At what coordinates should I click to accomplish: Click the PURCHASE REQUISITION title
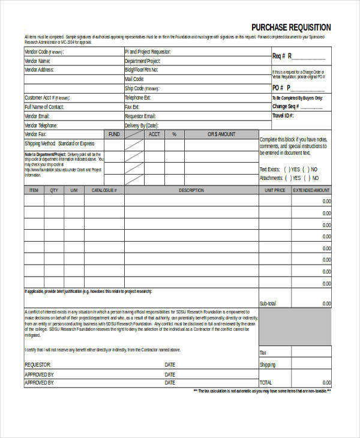pos(291,28)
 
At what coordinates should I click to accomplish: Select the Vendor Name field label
pos(37,61)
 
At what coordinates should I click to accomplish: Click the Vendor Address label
pos(40,70)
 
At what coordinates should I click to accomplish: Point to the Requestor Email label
pos(140,116)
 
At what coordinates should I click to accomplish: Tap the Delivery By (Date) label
pos(141,125)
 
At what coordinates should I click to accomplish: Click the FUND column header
pos(114,134)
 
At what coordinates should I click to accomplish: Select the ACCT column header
pos(154,134)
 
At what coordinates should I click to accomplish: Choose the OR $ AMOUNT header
pos(221,134)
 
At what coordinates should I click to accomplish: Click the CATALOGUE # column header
pos(104,190)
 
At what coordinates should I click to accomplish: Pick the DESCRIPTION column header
pos(191,190)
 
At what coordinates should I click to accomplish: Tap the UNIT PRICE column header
pos(275,190)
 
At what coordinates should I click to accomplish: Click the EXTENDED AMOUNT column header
pos(311,190)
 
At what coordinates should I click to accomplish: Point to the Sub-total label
pos(268,303)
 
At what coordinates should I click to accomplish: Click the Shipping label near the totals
pos(268,365)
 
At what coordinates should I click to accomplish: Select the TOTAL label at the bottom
pos(266,382)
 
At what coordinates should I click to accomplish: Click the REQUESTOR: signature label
pos(38,365)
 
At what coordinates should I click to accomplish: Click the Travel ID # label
pos(283,115)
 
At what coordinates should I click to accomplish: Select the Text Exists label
pos(269,169)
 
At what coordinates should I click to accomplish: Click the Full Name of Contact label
pos(44,107)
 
